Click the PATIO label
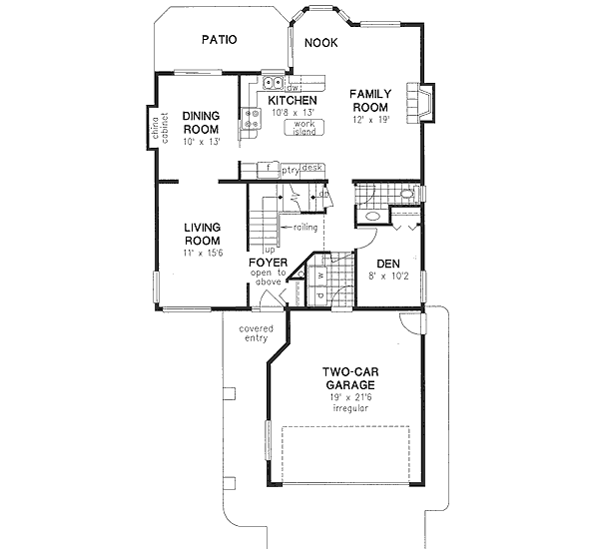(219, 41)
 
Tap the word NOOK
(320, 43)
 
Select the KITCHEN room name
(293, 101)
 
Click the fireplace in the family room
(425, 102)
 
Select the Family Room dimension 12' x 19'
(369, 120)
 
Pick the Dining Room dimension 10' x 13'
(201, 142)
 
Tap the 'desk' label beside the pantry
(311, 169)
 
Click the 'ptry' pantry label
(290, 170)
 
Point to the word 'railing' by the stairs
(304, 228)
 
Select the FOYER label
(268, 263)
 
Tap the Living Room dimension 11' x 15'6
(202, 255)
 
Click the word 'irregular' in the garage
(348, 409)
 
